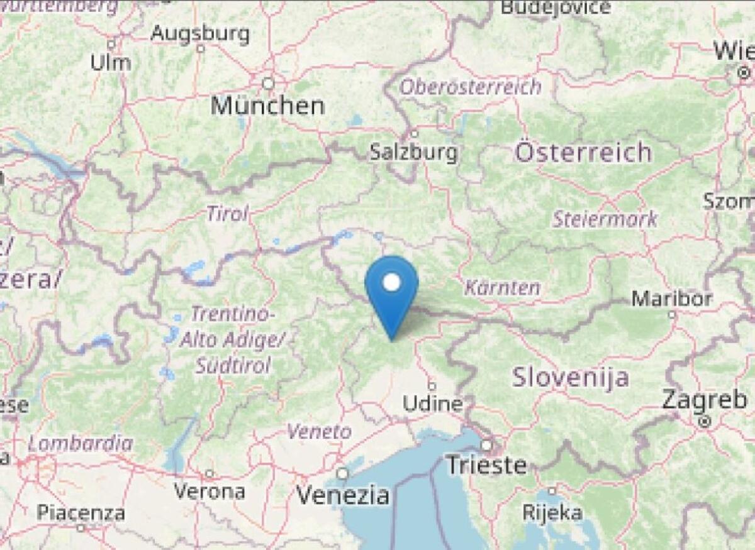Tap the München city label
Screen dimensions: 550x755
coord(267,105)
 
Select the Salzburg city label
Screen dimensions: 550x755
coord(413,152)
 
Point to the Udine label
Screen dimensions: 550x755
coord(432,404)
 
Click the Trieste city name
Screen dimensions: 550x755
coord(486,465)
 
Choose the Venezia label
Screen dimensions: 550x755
coord(343,495)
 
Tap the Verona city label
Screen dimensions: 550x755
coord(210,491)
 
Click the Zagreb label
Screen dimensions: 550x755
coord(705,400)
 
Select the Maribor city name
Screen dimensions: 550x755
coord(671,298)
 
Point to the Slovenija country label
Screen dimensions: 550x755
coord(570,377)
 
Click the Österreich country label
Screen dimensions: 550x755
coord(583,153)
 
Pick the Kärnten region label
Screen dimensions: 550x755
coord(502,288)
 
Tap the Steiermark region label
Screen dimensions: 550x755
coord(605,219)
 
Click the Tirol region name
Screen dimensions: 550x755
coord(227,214)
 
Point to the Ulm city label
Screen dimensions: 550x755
coord(111,62)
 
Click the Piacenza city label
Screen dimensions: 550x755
coord(81,513)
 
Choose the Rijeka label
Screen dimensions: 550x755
coord(552,512)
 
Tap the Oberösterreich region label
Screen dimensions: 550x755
coord(471,87)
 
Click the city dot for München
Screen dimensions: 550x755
coord(269,83)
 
